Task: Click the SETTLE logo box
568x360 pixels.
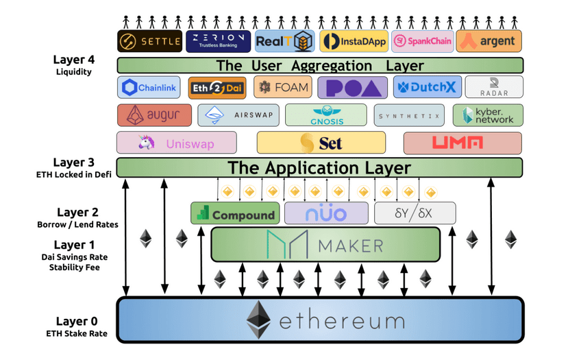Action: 149,41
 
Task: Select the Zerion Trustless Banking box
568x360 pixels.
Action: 218,41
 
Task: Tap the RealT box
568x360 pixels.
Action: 284,41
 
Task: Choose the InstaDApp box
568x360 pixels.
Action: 354,41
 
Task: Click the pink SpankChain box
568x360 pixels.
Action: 422,41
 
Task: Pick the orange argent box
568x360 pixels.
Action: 489,41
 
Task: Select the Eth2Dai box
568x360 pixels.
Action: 217,88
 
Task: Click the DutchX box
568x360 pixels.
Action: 427,88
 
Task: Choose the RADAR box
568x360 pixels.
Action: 493,87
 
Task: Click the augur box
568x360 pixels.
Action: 155,115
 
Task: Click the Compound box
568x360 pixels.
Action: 235,214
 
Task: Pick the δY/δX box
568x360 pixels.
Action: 415,213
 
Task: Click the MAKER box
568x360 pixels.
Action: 325,245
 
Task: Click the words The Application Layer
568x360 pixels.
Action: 319,168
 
